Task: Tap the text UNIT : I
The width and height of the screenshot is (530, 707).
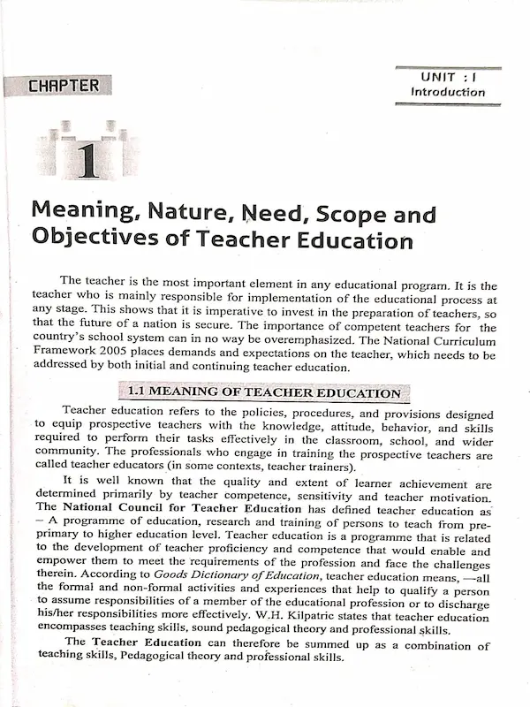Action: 447,77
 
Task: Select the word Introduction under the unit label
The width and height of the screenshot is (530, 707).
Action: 447,92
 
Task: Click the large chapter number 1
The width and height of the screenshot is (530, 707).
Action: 87,159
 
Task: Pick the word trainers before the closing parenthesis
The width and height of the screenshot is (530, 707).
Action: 326,467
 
